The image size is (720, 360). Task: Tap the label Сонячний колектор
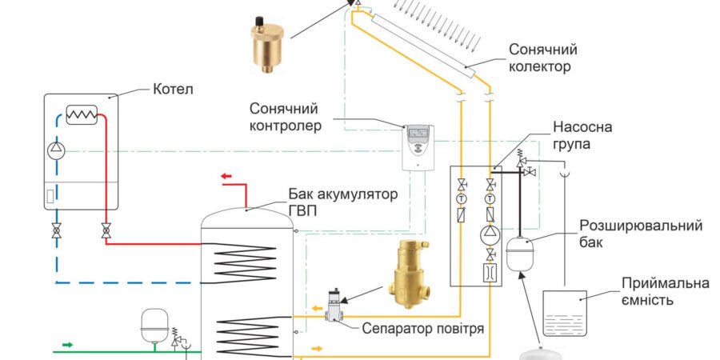pos(542,58)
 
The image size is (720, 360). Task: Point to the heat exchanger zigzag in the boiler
pos(82,116)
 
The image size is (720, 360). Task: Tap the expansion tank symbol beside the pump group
pos(519,252)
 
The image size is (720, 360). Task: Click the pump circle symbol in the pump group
pos(488,234)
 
